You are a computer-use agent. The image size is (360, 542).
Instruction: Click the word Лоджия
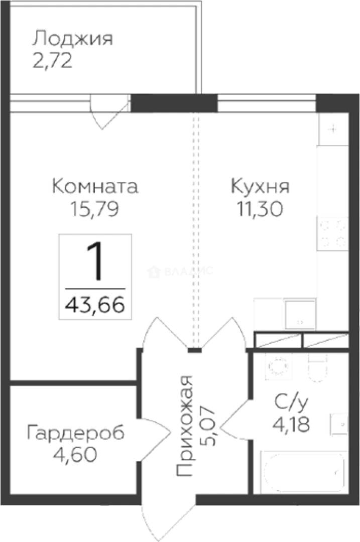(x=72, y=39)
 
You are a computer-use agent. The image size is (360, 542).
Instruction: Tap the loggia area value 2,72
(x=53, y=61)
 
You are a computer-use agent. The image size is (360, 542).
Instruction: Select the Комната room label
(x=95, y=186)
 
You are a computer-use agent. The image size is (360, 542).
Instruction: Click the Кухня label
(x=260, y=186)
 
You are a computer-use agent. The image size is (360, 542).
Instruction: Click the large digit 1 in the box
(x=95, y=262)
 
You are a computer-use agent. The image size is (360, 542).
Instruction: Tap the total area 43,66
(x=95, y=304)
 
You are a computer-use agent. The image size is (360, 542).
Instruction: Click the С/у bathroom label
(x=290, y=402)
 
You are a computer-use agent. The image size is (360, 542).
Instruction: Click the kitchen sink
(x=300, y=313)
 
